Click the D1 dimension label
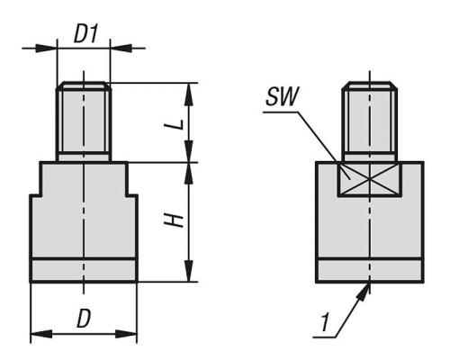(x=86, y=34)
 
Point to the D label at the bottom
(x=84, y=319)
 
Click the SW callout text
(x=282, y=96)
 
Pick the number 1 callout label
(x=324, y=323)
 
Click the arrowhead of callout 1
(x=364, y=291)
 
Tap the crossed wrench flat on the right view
(x=369, y=179)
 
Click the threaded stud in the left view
(x=84, y=121)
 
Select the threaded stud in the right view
(x=370, y=121)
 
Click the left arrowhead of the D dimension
(x=41, y=334)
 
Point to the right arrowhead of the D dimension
(x=126, y=334)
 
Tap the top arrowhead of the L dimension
(x=188, y=94)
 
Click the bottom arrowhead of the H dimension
(x=188, y=271)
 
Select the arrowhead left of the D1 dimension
(x=46, y=48)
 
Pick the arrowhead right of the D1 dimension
(x=121, y=48)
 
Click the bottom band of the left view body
(x=84, y=270)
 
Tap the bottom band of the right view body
(x=370, y=270)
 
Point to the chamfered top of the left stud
(x=84, y=85)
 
